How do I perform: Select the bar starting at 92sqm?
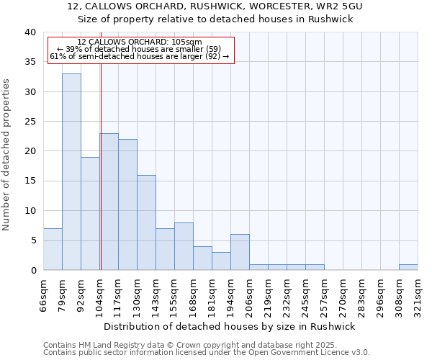(90, 213)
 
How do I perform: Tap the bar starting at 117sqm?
(127, 204)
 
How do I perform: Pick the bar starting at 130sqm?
(146, 222)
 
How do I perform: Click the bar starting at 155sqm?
(184, 246)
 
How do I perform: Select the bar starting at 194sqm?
(240, 252)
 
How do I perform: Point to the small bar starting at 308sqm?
(408, 267)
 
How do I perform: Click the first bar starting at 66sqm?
(53, 249)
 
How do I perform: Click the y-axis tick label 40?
(30, 32)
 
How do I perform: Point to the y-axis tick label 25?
(30, 122)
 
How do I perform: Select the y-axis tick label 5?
(32, 240)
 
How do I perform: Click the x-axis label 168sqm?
(193, 293)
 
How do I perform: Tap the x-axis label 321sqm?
(418, 293)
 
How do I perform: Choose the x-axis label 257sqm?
(324, 293)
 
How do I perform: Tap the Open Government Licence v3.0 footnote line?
(207, 353)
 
